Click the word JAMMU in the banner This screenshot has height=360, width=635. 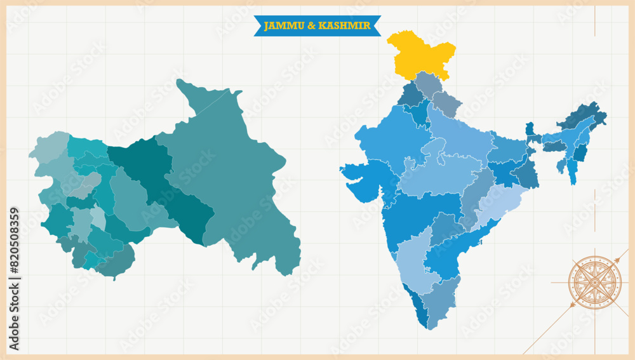(x=280, y=25)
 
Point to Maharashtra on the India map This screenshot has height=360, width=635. (x=419, y=213)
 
